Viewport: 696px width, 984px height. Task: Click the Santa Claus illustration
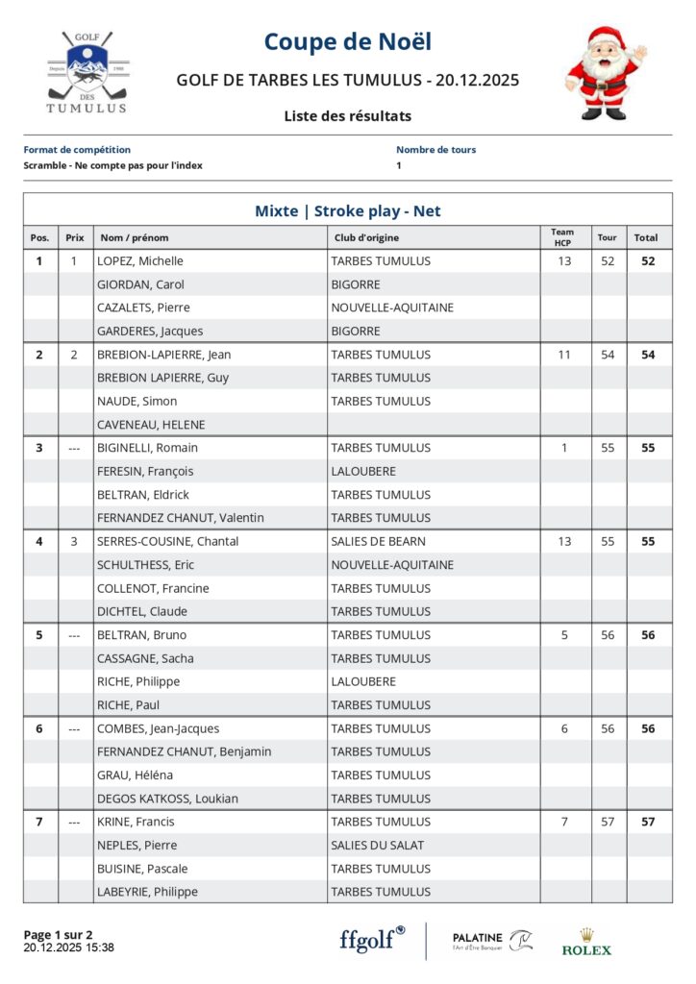point(605,73)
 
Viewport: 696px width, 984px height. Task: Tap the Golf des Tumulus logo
point(87,73)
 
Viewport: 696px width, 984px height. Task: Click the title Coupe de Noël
point(347,42)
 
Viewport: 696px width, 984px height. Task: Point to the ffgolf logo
point(372,939)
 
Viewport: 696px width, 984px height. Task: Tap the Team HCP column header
point(562,237)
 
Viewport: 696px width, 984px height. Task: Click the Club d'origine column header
point(367,237)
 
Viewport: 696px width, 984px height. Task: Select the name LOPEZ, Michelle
point(140,261)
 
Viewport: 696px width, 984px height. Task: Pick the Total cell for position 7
point(648,822)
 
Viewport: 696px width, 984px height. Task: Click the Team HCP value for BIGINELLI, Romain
point(563,448)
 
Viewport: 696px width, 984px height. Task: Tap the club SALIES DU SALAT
point(378,846)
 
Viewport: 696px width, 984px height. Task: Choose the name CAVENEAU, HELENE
point(151,425)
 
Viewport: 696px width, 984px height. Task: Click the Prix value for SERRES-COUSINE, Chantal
point(74,541)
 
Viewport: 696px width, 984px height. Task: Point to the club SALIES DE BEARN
point(378,541)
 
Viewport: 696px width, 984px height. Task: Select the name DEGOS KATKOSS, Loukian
point(167,799)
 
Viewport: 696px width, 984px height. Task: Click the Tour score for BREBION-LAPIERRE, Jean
point(608,355)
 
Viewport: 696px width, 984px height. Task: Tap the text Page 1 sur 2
point(58,934)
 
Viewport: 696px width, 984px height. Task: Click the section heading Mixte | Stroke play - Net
point(347,210)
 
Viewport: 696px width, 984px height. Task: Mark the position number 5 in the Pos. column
point(39,635)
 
